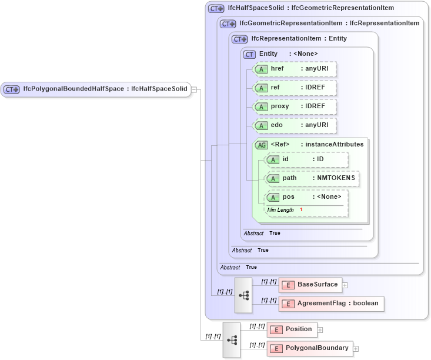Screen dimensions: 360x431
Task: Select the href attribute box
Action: [295, 69]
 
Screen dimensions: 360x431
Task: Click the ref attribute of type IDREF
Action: [295, 88]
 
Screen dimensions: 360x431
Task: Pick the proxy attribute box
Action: [295, 107]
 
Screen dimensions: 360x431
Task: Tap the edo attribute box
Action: [295, 125]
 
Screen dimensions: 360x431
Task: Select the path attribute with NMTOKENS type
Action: [312, 178]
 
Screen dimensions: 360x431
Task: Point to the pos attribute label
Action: [288, 197]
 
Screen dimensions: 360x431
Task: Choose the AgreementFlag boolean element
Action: [332, 304]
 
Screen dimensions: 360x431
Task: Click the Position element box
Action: [292, 329]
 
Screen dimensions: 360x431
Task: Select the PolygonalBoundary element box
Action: [310, 348]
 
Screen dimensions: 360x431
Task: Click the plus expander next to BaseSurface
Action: [345, 285]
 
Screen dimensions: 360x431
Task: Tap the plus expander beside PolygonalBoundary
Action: [356, 349]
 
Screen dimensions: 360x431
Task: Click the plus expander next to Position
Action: [320, 329]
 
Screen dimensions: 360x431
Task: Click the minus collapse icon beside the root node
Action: [194, 89]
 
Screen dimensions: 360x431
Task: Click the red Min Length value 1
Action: [301, 210]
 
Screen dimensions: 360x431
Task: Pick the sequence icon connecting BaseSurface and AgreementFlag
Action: [243, 295]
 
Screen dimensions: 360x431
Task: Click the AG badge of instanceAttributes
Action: [261, 145]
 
